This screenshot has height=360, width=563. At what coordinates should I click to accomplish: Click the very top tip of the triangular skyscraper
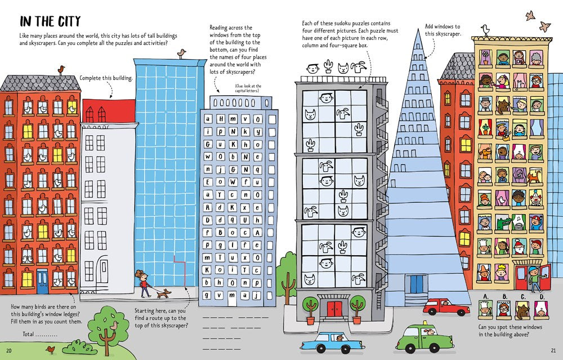(418, 29)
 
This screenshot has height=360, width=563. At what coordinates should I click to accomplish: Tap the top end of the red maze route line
(174, 256)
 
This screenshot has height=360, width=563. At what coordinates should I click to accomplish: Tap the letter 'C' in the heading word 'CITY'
(61, 21)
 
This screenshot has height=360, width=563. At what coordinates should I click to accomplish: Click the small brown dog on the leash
(164, 294)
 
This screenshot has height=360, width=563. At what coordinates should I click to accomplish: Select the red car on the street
(445, 306)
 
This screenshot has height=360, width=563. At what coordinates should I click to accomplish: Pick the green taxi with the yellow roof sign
(425, 337)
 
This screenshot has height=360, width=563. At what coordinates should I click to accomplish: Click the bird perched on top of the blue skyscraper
(182, 54)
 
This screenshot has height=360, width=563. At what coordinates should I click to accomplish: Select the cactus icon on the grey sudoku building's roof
(328, 66)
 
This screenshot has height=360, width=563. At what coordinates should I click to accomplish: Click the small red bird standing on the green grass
(51, 350)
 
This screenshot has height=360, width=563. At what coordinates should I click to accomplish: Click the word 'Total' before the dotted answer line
(28, 334)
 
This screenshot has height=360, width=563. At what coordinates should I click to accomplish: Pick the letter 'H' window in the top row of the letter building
(221, 119)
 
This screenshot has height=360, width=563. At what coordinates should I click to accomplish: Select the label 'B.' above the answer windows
(505, 297)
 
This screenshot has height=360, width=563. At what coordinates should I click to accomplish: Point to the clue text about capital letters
(248, 88)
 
